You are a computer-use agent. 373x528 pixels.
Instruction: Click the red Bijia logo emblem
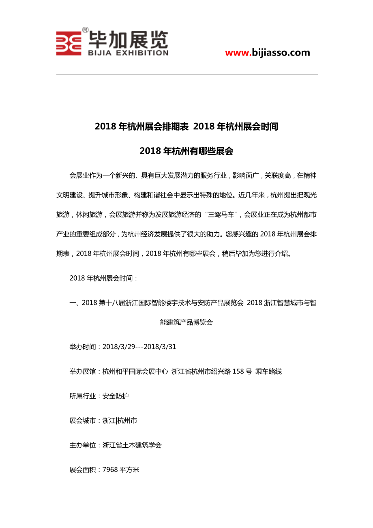(x=69, y=43)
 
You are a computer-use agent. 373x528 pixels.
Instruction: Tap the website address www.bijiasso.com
(x=267, y=52)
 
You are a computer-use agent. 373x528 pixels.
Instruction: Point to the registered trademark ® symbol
(x=85, y=30)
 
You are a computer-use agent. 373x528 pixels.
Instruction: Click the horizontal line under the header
(x=186, y=74)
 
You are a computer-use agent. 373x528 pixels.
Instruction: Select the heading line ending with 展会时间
(x=186, y=127)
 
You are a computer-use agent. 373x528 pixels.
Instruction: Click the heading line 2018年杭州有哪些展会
(x=186, y=151)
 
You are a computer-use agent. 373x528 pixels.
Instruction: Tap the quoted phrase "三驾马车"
(x=222, y=215)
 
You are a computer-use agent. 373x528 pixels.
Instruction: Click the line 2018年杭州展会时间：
(x=104, y=278)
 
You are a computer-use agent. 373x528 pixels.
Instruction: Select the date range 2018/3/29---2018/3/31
(x=139, y=347)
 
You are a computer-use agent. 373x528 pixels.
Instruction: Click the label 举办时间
(x=83, y=347)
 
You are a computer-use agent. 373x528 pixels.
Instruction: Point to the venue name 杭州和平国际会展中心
(x=135, y=371)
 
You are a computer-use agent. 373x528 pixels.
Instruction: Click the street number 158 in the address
(x=238, y=371)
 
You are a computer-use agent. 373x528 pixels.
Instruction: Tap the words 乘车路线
(x=268, y=371)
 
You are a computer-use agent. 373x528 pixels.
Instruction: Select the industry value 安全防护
(x=116, y=396)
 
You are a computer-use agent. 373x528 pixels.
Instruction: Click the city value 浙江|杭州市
(x=120, y=421)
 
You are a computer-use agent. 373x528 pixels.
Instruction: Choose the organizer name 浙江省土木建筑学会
(x=132, y=445)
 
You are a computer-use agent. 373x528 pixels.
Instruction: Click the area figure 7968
(x=110, y=470)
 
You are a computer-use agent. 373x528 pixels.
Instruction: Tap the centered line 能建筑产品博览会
(x=186, y=323)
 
